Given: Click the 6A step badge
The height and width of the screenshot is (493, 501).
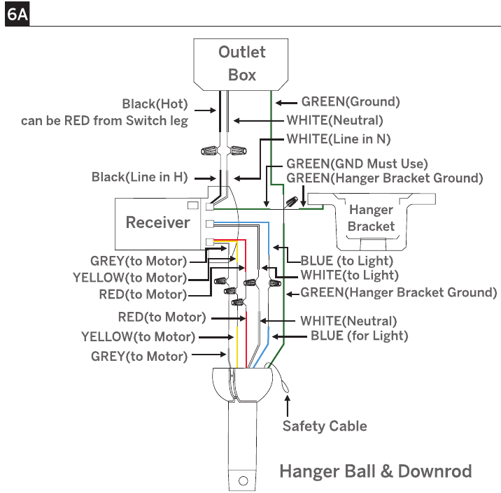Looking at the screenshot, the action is pos(17,14).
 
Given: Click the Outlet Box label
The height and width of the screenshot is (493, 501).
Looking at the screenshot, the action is pos(242,63).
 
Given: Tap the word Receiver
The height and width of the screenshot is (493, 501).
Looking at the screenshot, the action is pos(158,222).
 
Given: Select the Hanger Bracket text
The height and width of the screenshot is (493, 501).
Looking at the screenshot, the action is pos(372,217).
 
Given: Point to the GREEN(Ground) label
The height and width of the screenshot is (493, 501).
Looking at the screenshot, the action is pos(351,101).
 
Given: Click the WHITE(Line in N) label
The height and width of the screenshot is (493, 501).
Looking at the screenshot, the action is pos(339,139).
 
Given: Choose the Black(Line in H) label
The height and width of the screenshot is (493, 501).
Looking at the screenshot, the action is pos(140,177).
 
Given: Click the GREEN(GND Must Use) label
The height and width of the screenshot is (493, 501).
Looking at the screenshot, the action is pos(357,164).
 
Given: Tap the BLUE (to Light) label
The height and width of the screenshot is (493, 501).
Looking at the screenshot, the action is pos(346,261).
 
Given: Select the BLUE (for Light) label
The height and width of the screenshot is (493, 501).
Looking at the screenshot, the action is pos(360,336).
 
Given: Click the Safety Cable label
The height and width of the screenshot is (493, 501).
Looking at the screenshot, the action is pos(325,426).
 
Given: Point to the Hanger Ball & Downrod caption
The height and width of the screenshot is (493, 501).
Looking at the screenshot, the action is pos(376,471).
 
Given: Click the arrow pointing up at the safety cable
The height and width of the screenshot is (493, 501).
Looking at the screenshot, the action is pos(288,406).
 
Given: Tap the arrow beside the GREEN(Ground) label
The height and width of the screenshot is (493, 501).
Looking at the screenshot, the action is pos(286,103).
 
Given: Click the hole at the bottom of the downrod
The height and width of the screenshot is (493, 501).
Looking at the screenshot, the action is pos(243,480).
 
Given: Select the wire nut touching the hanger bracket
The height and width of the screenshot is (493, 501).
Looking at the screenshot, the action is pos(292,202).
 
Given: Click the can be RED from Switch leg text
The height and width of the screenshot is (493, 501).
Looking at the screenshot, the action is pos(104,121).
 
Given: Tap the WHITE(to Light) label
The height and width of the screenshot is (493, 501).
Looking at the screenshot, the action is pos(350,275).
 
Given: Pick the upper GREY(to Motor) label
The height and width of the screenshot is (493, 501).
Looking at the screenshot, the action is pos(139,261).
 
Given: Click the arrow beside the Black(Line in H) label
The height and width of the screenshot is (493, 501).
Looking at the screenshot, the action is pos(205,178).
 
